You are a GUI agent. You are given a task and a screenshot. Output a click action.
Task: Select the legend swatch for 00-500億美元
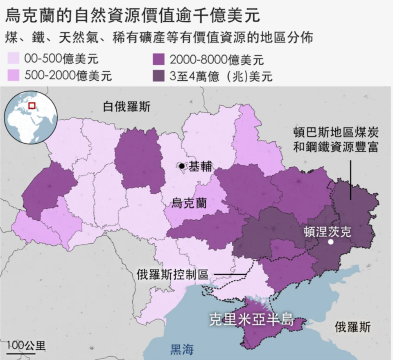pos(15,59)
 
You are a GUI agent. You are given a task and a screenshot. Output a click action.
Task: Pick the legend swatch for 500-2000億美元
pos(15,75)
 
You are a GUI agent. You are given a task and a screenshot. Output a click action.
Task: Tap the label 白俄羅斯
pos(126,107)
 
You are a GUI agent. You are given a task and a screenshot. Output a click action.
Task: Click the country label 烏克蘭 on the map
pos(189,203)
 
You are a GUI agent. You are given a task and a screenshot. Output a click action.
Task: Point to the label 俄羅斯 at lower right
pos(352,327)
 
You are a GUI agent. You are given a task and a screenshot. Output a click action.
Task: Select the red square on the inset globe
pos(32,105)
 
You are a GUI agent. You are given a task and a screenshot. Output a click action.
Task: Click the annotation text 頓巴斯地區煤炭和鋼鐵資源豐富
pos(336,140)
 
